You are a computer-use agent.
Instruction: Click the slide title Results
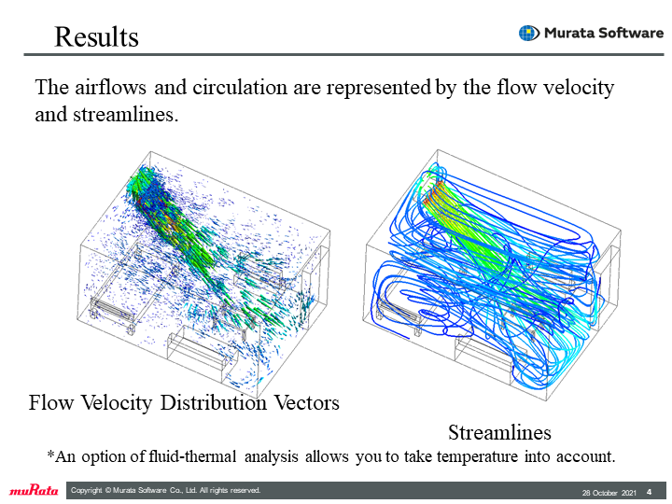(96, 36)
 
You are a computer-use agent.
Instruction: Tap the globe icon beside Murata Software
(529, 33)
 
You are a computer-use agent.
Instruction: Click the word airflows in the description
(110, 87)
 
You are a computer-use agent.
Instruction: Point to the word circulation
(240, 87)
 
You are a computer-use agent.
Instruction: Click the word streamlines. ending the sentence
(126, 115)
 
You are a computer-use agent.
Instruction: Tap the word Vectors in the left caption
(306, 402)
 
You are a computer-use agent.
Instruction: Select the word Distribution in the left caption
(214, 402)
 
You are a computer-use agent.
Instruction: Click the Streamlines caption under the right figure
(499, 432)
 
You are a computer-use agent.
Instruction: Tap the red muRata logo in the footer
(34, 490)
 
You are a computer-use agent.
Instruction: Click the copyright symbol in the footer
(108, 490)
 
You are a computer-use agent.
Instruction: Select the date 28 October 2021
(609, 493)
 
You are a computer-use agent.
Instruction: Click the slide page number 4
(649, 492)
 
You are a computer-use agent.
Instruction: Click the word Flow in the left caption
(51, 402)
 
